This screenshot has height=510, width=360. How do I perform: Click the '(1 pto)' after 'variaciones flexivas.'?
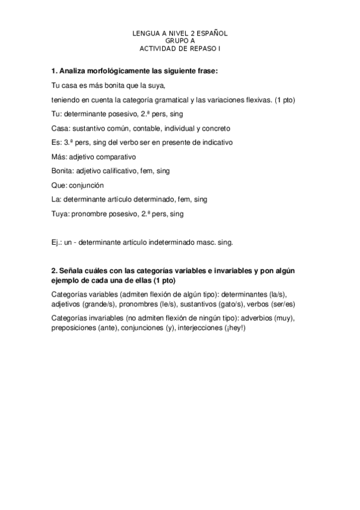pyautogui.click(x=284, y=99)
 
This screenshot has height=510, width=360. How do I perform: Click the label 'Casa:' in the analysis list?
pyautogui.click(x=61, y=128)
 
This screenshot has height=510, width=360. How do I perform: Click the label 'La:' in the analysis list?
pyautogui.click(x=57, y=199)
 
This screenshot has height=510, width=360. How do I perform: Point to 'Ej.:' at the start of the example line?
pyautogui.click(x=59, y=243)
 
